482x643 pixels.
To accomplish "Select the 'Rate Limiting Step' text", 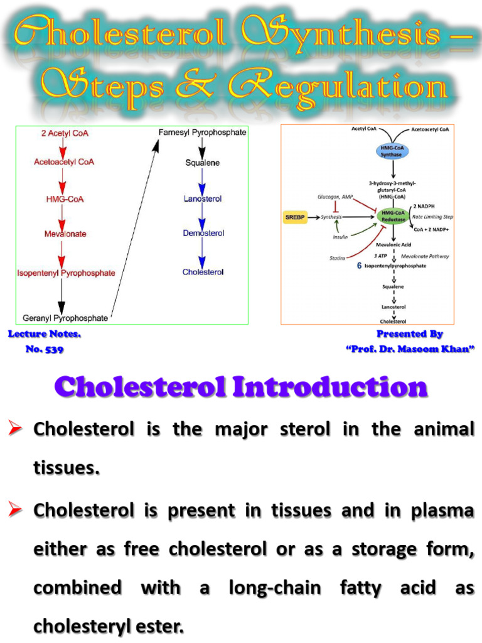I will tap(432, 217).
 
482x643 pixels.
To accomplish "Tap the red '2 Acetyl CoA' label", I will tap(60, 134).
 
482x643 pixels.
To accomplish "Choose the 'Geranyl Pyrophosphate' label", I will tap(65, 318).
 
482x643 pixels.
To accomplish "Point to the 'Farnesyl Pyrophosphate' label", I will tap(202, 132).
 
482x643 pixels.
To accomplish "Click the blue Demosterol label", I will tap(203, 233).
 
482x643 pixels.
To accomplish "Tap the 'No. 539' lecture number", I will tap(44, 349).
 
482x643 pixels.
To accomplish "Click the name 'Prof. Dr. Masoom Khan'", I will tap(410, 349).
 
